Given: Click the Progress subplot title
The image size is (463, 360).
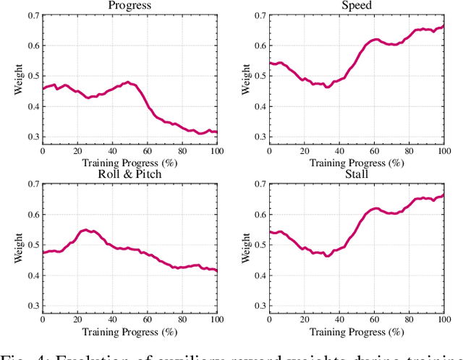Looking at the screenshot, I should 129,6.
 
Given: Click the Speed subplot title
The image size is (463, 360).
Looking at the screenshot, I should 357,6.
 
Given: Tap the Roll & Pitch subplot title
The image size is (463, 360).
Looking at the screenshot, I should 129,173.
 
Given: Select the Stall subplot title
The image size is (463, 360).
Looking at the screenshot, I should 357,173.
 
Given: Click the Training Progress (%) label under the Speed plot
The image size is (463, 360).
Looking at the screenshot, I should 357,163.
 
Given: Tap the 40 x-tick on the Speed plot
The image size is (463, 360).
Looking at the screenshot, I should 339,150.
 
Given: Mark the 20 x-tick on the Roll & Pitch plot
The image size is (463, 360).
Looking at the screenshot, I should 77,319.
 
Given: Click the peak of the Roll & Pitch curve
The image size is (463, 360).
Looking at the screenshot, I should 86,230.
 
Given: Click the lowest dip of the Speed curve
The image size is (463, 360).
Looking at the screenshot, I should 327,87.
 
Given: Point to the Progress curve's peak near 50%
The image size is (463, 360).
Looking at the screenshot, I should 128,82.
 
